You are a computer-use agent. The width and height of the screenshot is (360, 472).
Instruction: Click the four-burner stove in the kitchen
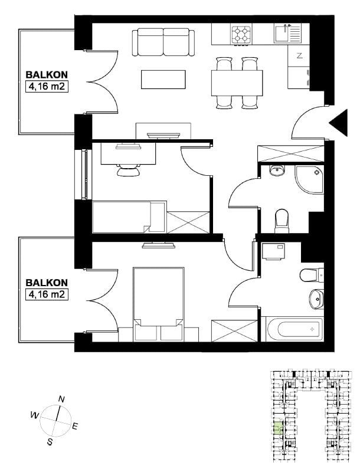pyautogui.click(x=241, y=34)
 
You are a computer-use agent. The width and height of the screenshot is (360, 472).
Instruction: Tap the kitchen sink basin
pyautogui.click(x=282, y=33)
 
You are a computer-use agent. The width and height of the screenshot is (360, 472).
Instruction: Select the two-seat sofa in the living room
pyautogui.click(x=163, y=42)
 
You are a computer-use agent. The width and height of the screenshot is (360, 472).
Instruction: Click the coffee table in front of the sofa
pyautogui.click(x=163, y=80)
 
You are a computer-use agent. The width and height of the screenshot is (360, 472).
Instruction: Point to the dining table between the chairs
pyautogui.click(x=237, y=83)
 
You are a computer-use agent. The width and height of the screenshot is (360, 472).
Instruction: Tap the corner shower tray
pyautogui.click(x=309, y=179)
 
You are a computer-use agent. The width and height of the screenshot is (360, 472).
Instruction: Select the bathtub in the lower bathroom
pyautogui.click(x=295, y=329)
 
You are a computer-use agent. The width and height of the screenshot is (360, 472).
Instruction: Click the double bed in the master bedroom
pyautogui.click(x=158, y=304)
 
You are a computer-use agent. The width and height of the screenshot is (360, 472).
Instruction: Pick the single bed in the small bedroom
pyautogui.click(x=129, y=217)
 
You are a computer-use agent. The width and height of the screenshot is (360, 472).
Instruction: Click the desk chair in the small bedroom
pyautogui.click(x=129, y=170)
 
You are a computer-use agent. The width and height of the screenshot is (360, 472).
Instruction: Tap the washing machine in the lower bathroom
pyautogui.click(x=273, y=251)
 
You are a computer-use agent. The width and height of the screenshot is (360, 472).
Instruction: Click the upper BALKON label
pyautogui.click(x=47, y=75)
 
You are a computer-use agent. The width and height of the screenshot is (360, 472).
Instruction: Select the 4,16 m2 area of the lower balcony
pyautogui.click(x=47, y=294)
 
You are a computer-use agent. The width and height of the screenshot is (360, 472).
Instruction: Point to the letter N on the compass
pyautogui.click(x=61, y=399)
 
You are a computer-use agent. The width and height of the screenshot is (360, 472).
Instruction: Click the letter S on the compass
pyautogui.click(x=50, y=442)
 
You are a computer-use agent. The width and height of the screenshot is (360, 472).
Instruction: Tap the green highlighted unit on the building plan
pyautogui.click(x=278, y=428)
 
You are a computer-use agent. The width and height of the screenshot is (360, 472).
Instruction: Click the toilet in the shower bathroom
pyautogui.click(x=282, y=221)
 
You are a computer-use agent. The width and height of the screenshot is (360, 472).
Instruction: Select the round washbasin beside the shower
pyautogui.click(x=276, y=171)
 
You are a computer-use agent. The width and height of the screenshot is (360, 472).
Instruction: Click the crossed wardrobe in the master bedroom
pyautogui.click(x=234, y=331)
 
